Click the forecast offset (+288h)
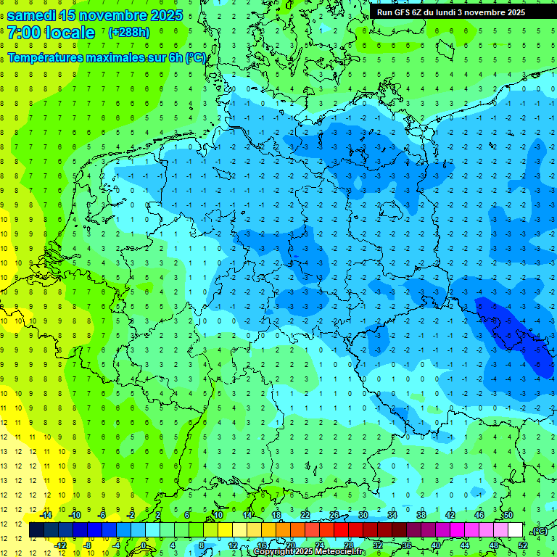click(129, 33)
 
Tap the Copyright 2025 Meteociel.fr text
click(309, 552)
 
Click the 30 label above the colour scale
click(363, 515)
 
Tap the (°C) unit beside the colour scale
click(539, 531)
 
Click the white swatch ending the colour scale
click(516, 530)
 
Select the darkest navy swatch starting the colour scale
click(36, 530)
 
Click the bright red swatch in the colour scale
click(341, 530)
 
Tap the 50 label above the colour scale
click(508, 515)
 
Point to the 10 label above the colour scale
click(218, 515)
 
